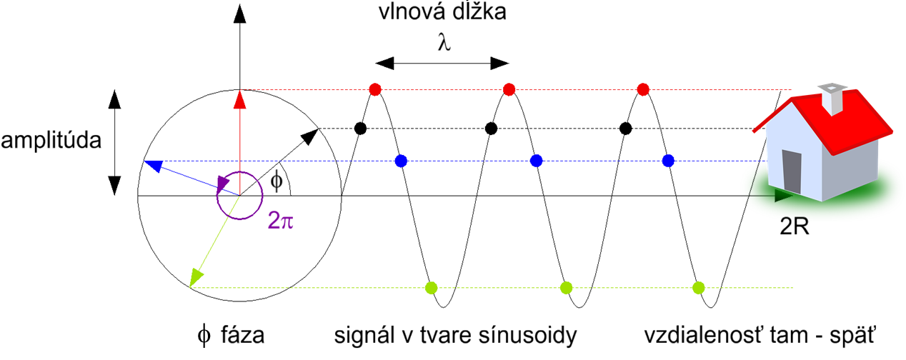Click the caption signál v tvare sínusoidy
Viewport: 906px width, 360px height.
[455, 335]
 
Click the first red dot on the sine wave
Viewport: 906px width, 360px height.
[375, 89]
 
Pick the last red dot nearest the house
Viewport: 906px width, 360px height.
[642, 89]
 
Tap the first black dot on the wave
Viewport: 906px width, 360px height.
[361, 129]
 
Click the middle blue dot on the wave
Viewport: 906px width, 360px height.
[534, 161]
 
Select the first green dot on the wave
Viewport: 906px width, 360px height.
[431, 288]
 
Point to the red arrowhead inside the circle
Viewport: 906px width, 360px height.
[240, 101]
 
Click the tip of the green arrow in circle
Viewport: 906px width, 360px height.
[193, 281]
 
